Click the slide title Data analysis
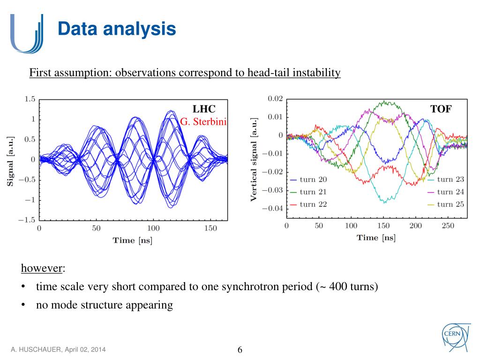pos(117,29)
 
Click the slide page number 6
pos(240,350)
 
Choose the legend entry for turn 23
pos(451,180)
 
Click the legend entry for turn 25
pos(451,204)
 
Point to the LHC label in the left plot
pos(204,109)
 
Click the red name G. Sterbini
pos(203,122)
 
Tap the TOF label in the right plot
pos(441,109)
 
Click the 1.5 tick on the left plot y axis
pos(30,99)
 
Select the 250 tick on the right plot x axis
pos(448,226)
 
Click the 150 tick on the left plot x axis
pos(210,228)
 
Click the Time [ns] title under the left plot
pos(132,240)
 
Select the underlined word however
pos(42,269)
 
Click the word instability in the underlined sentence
pos(316,73)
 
